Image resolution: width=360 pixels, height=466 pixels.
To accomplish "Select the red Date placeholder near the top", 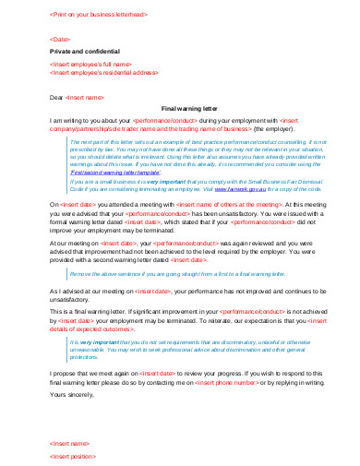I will [59, 40].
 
